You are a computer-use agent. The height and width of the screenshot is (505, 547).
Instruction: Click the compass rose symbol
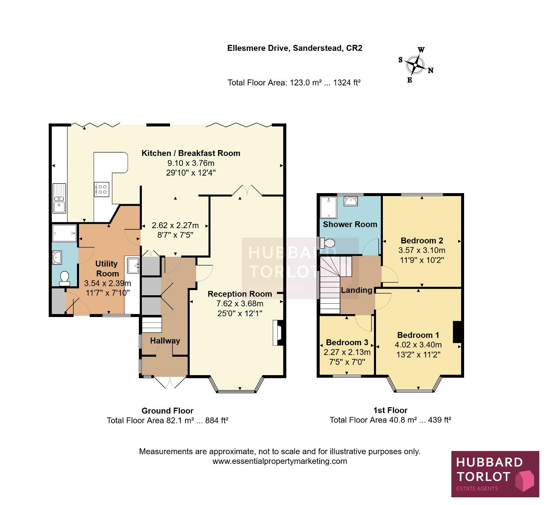coord(416,65)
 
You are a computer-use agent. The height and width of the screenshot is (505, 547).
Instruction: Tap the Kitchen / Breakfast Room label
coord(191,153)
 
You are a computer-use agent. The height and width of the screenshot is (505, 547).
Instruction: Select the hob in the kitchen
coord(102,189)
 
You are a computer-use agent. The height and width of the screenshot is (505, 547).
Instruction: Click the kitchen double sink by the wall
coord(59,198)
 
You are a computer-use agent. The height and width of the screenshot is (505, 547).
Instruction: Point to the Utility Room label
coord(107,269)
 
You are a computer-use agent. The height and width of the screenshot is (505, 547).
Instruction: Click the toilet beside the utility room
coord(65,279)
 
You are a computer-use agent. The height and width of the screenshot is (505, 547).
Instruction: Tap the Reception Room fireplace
coord(278,333)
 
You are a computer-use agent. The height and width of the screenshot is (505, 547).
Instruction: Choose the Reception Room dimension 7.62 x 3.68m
coord(240,304)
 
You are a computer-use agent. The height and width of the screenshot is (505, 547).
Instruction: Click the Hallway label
coord(165,341)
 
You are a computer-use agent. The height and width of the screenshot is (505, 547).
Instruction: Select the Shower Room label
coord(350,224)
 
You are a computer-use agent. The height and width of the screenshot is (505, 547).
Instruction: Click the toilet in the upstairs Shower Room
coord(327,243)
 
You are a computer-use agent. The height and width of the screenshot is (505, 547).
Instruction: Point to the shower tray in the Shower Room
coord(329,207)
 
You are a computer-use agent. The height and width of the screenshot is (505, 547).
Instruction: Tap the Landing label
coord(356,290)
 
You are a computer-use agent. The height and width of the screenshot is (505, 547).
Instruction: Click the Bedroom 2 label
coord(422,241)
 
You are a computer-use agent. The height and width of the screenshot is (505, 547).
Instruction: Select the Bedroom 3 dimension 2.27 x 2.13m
coord(347,352)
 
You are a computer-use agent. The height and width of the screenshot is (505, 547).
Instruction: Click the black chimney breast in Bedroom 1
coord(457,332)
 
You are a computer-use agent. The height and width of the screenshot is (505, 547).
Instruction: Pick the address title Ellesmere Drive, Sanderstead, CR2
coord(294,48)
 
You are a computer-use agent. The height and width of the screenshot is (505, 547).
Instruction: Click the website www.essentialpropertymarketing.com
coord(279,461)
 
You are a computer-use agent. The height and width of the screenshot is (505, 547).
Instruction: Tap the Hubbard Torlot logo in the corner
coord(495,474)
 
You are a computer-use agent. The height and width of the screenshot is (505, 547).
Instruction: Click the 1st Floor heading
coord(390,410)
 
